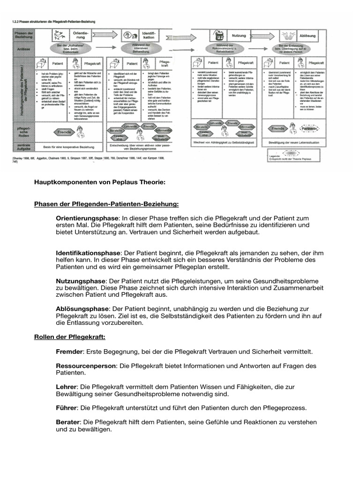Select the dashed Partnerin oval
tap(309, 128)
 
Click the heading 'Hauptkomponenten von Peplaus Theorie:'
tap(100, 182)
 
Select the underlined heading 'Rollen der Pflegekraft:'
tap(70, 337)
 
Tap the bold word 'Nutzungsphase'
tap(81, 280)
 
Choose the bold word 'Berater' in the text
tap(67, 421)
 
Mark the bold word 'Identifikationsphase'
tap(88, 252)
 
